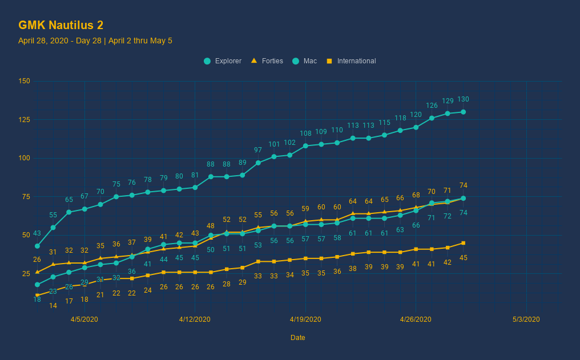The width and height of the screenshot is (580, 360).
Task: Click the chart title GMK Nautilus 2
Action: (61, 25)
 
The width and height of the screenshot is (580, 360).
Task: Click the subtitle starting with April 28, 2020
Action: (95, 41)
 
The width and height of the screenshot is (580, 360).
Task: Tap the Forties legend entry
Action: (267, 61)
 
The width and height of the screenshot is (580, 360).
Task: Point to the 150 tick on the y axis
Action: (24, 81)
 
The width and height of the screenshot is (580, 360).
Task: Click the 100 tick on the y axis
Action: (24, 158)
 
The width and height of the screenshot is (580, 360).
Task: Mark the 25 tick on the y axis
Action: (26, 274)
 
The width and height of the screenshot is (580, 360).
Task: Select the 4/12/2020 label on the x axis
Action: (195, 319)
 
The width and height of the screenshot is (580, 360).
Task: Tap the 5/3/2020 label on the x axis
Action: (526, 319)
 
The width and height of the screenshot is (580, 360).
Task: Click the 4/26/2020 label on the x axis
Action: (416, 319)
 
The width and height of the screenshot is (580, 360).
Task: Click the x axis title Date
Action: (297, 338)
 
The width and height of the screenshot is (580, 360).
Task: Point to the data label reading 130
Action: (464, 99)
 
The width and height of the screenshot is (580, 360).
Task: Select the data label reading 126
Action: (432, 106)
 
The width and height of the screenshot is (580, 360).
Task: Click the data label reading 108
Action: (305, 134)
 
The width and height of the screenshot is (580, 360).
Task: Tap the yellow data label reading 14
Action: (53, 306)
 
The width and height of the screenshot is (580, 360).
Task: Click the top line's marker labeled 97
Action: (258, 163)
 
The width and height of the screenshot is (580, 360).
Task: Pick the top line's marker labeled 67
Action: (84, 209)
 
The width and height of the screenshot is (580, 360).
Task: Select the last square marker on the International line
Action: (463, 243)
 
